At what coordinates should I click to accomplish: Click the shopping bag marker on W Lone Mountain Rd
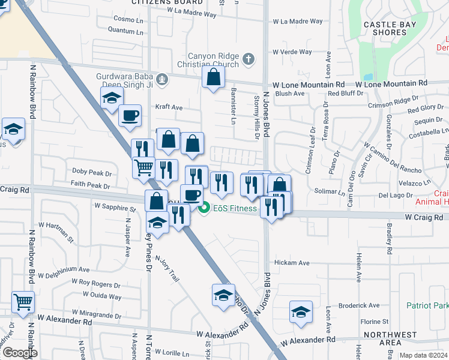(x=214, y=77)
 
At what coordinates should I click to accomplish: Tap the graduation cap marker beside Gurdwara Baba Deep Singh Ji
(x=112, y=99)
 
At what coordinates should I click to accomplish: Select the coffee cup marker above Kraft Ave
(x=129, y=115)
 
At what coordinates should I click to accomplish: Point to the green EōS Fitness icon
(x=204, y=209)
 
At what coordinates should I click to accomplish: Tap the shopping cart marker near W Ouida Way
(x=23, y=302)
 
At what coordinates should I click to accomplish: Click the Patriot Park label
(x=427, y=305)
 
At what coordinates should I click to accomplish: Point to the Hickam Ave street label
(x=291, y=263)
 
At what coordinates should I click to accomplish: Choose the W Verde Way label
(x=292, y=52)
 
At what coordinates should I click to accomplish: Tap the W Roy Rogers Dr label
(x=95, y=281)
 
